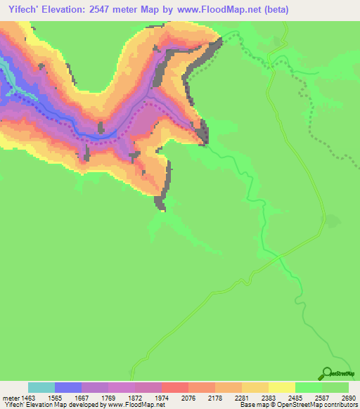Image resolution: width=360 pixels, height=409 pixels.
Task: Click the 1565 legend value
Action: coord(68,398)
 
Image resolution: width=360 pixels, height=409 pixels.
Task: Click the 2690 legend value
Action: coord(349,398)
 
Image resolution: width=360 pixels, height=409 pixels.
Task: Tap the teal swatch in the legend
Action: coord(41,387)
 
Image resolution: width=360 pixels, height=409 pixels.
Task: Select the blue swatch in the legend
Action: coord(68,387)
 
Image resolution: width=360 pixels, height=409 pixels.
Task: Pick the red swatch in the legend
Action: coord(175,387)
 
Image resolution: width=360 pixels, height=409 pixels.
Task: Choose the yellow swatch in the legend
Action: coord(282,387)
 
